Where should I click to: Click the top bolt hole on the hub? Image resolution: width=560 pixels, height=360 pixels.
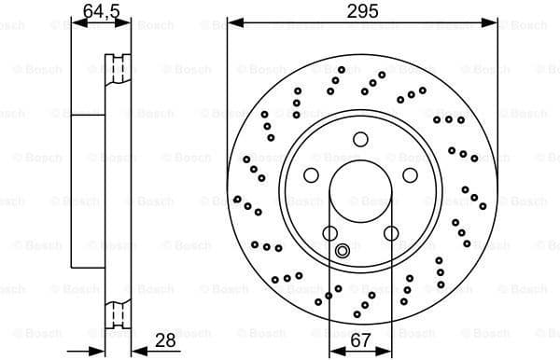pos(360,140)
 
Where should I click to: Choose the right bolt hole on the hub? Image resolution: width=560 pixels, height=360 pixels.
pos(409,175)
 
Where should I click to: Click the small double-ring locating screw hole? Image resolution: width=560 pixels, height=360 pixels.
pos(343,249)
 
